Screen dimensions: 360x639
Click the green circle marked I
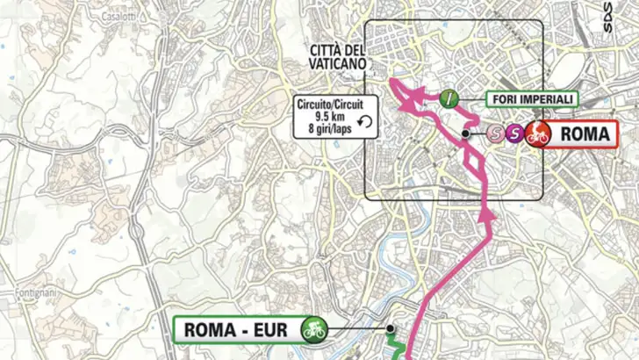450,98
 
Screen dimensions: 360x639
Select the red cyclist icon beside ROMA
538,134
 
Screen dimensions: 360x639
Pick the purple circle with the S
516,134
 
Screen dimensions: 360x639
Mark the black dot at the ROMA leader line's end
465,134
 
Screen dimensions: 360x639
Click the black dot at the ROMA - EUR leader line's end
388,330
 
